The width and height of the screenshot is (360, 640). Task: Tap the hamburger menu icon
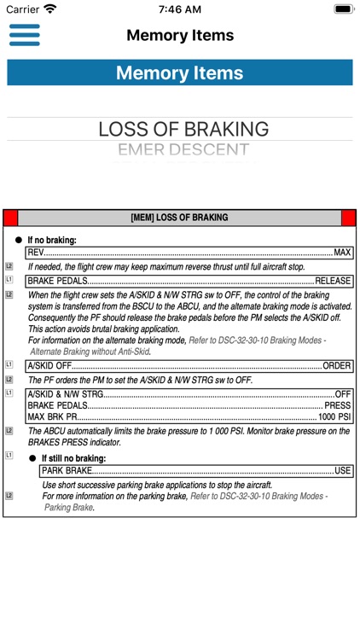point(25,35)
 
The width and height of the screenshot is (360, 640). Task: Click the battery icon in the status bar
point(344,9)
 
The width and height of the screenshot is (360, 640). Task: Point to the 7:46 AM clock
point(179,9)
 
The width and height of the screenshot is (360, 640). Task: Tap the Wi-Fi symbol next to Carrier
point(50,9)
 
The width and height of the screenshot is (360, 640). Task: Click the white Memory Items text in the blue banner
point(179,73)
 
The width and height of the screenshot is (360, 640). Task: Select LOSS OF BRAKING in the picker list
point(183,130)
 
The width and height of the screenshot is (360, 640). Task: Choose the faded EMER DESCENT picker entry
point(183,151)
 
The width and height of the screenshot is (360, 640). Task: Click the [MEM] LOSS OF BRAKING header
point(179,218)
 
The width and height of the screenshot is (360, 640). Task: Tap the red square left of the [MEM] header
point(10,218)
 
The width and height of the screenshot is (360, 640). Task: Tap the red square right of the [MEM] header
point(348,218)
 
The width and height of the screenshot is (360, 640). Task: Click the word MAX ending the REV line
point(342,253)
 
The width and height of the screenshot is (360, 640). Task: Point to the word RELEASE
point(333,280)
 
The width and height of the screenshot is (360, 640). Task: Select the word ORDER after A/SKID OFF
point(337,365)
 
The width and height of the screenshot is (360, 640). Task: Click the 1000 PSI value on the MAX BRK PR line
point(334,417)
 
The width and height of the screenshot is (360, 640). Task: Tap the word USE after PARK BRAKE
point(342,470)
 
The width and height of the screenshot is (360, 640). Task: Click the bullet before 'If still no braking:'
point(32,458)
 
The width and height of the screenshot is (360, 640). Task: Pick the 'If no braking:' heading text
point(52,241)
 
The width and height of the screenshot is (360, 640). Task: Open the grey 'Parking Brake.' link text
point(69,507)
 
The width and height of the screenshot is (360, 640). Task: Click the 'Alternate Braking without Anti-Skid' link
point(90,351)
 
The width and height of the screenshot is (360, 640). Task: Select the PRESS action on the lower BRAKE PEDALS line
point(338,405)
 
